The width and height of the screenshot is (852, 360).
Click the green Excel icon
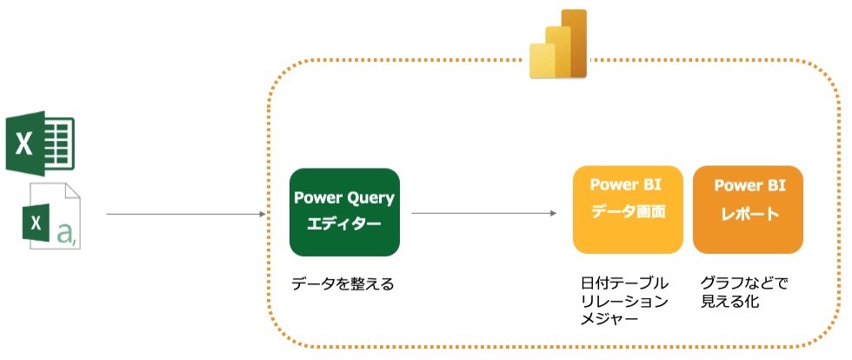tap(40, 143)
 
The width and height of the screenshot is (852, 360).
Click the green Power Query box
tap(344, 211)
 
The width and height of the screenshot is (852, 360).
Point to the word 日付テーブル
tap(624, 283)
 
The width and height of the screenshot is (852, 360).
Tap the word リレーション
tap(624, 301)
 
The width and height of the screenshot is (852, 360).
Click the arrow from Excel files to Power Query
tap(185, 213)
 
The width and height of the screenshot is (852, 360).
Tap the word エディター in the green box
tap(344, 224)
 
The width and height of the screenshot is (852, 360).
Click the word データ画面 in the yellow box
tap(628, 212)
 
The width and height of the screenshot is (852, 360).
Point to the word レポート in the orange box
tap(748, 214)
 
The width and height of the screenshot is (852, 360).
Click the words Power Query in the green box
tap(344, 197)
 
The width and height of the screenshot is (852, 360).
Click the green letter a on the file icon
tap(63, 232)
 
